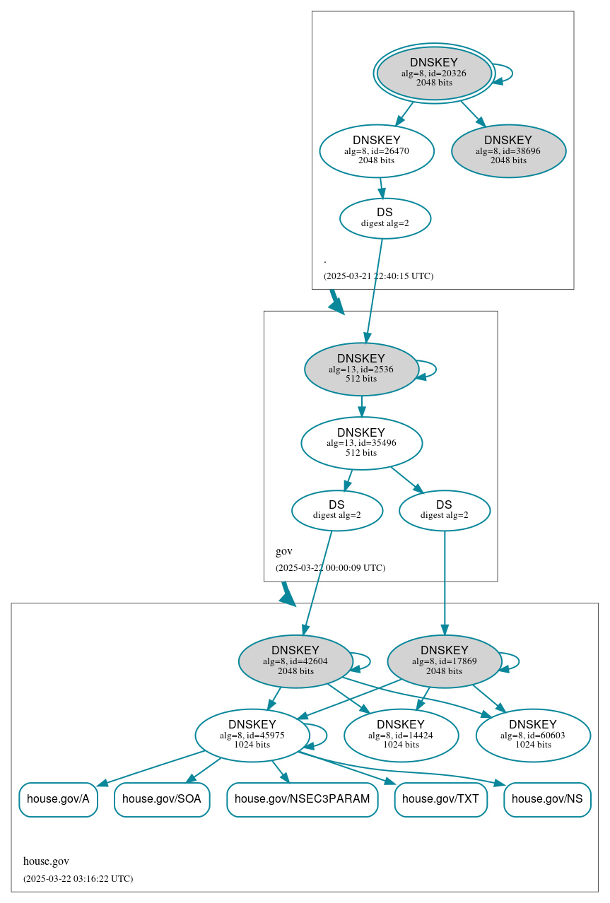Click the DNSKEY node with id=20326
(x=434, y=73)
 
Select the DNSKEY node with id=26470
(x=376, y=150)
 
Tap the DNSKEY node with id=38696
(x=508, y=150)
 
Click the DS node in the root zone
(x=385, y=218)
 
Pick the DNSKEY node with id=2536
(x=361, y=369)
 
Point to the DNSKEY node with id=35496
(x=361, y=443)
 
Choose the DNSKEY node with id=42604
(x=295, y=661)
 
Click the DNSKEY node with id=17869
(x=444, y=661)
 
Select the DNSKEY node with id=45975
(x=252, y=736)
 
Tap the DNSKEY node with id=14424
(x=401, y=736)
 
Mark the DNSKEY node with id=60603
(x=533, y=736)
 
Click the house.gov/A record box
(x=58, y=799)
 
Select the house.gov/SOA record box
(x=162, y=799)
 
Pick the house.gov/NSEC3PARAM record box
(x=302, y=799)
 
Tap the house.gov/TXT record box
(x=440, y=799)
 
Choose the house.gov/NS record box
(x=547, y=799)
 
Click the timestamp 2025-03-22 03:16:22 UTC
(x=78, y=879)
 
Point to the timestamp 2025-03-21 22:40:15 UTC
(x=378, y=276)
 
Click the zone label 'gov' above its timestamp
(x=283, y=551)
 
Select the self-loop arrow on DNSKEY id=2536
(x=435, y=370)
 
